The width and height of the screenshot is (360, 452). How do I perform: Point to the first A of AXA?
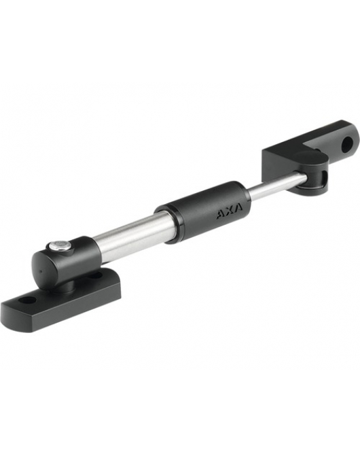pyautogui.click(x=221, y=218)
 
